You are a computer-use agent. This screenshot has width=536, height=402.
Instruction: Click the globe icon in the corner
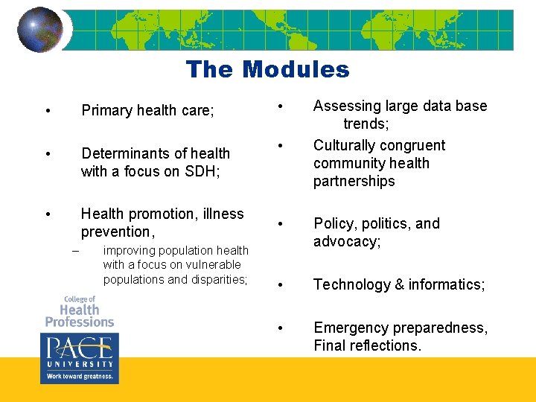[40, 30]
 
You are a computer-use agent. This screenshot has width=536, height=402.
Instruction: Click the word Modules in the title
[296, 70]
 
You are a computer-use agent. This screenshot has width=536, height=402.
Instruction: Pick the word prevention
[115, 232]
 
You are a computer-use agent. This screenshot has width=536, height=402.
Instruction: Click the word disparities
[218, 279]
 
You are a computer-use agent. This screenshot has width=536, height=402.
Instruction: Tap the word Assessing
[345, 106]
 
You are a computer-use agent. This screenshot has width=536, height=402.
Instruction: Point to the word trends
[366, 124]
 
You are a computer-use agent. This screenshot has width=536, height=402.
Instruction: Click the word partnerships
[354, 182]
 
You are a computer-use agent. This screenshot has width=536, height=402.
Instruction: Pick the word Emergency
[349, 328]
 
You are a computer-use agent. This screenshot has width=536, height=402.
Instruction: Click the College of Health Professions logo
[79, 311]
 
